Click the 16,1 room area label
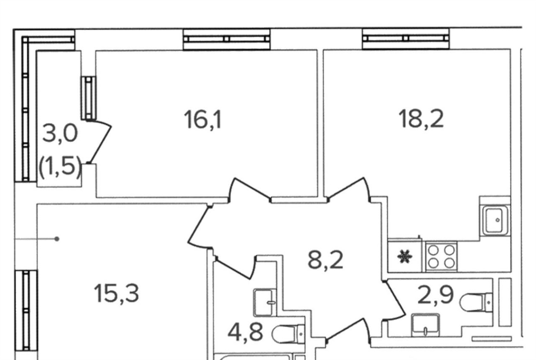[x=203, y=120]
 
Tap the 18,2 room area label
[x=421, y=119]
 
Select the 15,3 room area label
[x=116, y=294]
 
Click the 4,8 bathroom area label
[x=245, y=332]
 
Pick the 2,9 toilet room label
[x=435, y=295]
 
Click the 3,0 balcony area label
[x=60, y=133]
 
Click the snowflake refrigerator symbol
[x=405, y=256]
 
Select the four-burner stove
[x=441, y=257]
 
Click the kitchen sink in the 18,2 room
[x=495, y=220]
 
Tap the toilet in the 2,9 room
[x=476, y=302]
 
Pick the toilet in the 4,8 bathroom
[x=289, y=334]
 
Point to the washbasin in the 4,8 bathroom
[x=265, y=302]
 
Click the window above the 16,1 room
[x=227, y=39]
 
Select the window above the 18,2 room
[x=406, y=39]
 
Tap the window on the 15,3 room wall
[x=26, y=310]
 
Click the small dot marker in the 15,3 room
[x=57, y=239]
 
